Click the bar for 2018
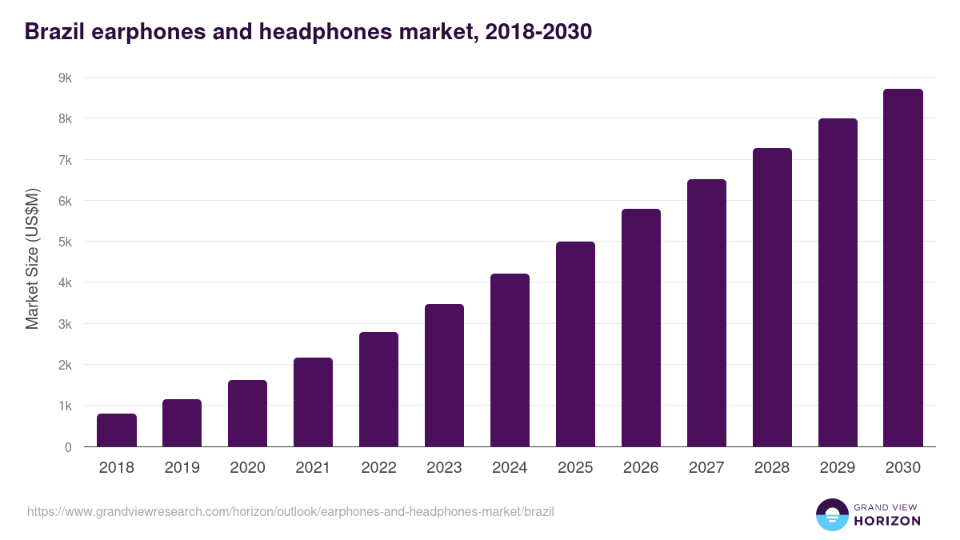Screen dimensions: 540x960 117,430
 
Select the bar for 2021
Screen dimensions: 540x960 313,402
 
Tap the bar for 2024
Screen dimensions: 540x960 510,360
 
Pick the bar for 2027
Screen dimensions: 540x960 706,313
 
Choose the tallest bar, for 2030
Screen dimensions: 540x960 903,268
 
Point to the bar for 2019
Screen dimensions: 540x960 182,423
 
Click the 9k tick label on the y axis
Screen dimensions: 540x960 64,78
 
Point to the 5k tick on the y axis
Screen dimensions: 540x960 64,242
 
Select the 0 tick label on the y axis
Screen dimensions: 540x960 68,447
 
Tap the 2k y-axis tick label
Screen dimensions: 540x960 64,365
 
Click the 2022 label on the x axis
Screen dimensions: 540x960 378,468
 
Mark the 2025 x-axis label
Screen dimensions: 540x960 575,468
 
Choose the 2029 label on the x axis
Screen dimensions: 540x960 838,468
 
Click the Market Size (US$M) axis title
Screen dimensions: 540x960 32,258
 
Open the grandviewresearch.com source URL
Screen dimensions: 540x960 290,511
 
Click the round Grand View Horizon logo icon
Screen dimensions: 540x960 831,514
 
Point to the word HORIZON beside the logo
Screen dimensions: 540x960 887,521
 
